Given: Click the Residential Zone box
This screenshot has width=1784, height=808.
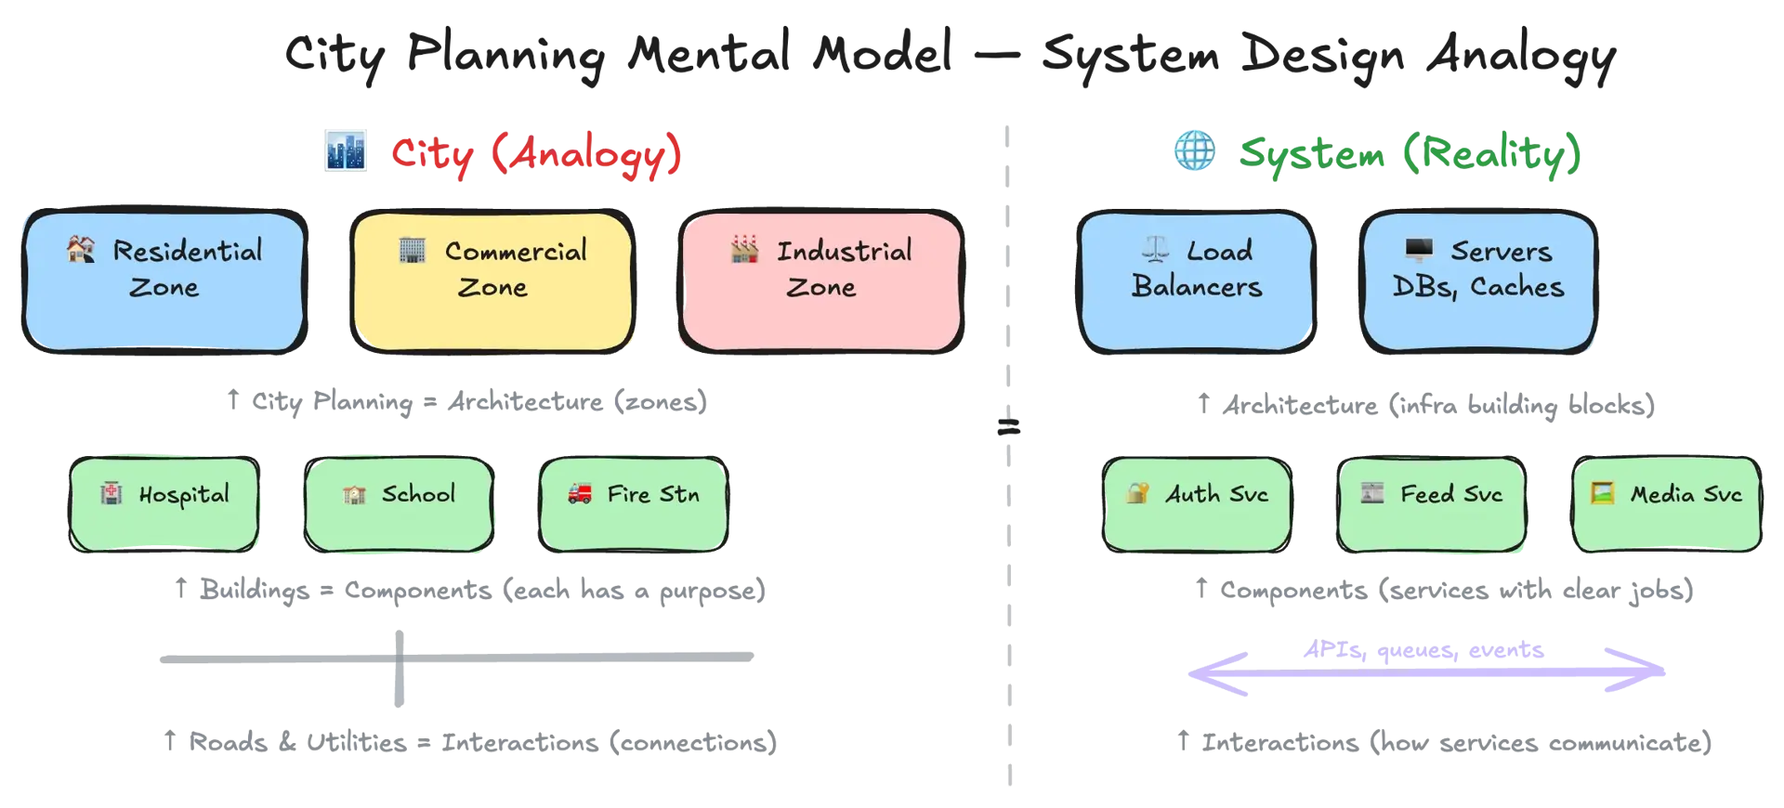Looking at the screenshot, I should tap(164, 281).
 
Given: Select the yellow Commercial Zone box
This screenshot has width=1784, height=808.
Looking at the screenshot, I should tap(492, 281).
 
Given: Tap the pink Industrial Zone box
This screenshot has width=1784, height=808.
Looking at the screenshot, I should tap(821, 281).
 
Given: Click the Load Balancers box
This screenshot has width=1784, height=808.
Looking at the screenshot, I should tap(1197, 281).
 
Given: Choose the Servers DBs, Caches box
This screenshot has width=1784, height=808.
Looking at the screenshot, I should tap(1478, 281).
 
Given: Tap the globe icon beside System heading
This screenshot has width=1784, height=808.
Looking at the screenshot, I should tap(1195, 151).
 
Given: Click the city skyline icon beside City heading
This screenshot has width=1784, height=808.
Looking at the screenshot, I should tap(346, 151).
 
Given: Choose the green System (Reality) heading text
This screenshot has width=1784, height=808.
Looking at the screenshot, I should tap(1410, 153).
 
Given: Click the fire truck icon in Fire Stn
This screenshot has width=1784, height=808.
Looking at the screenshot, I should tap(580, 493).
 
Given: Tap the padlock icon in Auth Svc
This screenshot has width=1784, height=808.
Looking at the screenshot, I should tap(1136, 493).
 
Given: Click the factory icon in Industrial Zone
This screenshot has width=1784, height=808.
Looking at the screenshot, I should tap(744, 250).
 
